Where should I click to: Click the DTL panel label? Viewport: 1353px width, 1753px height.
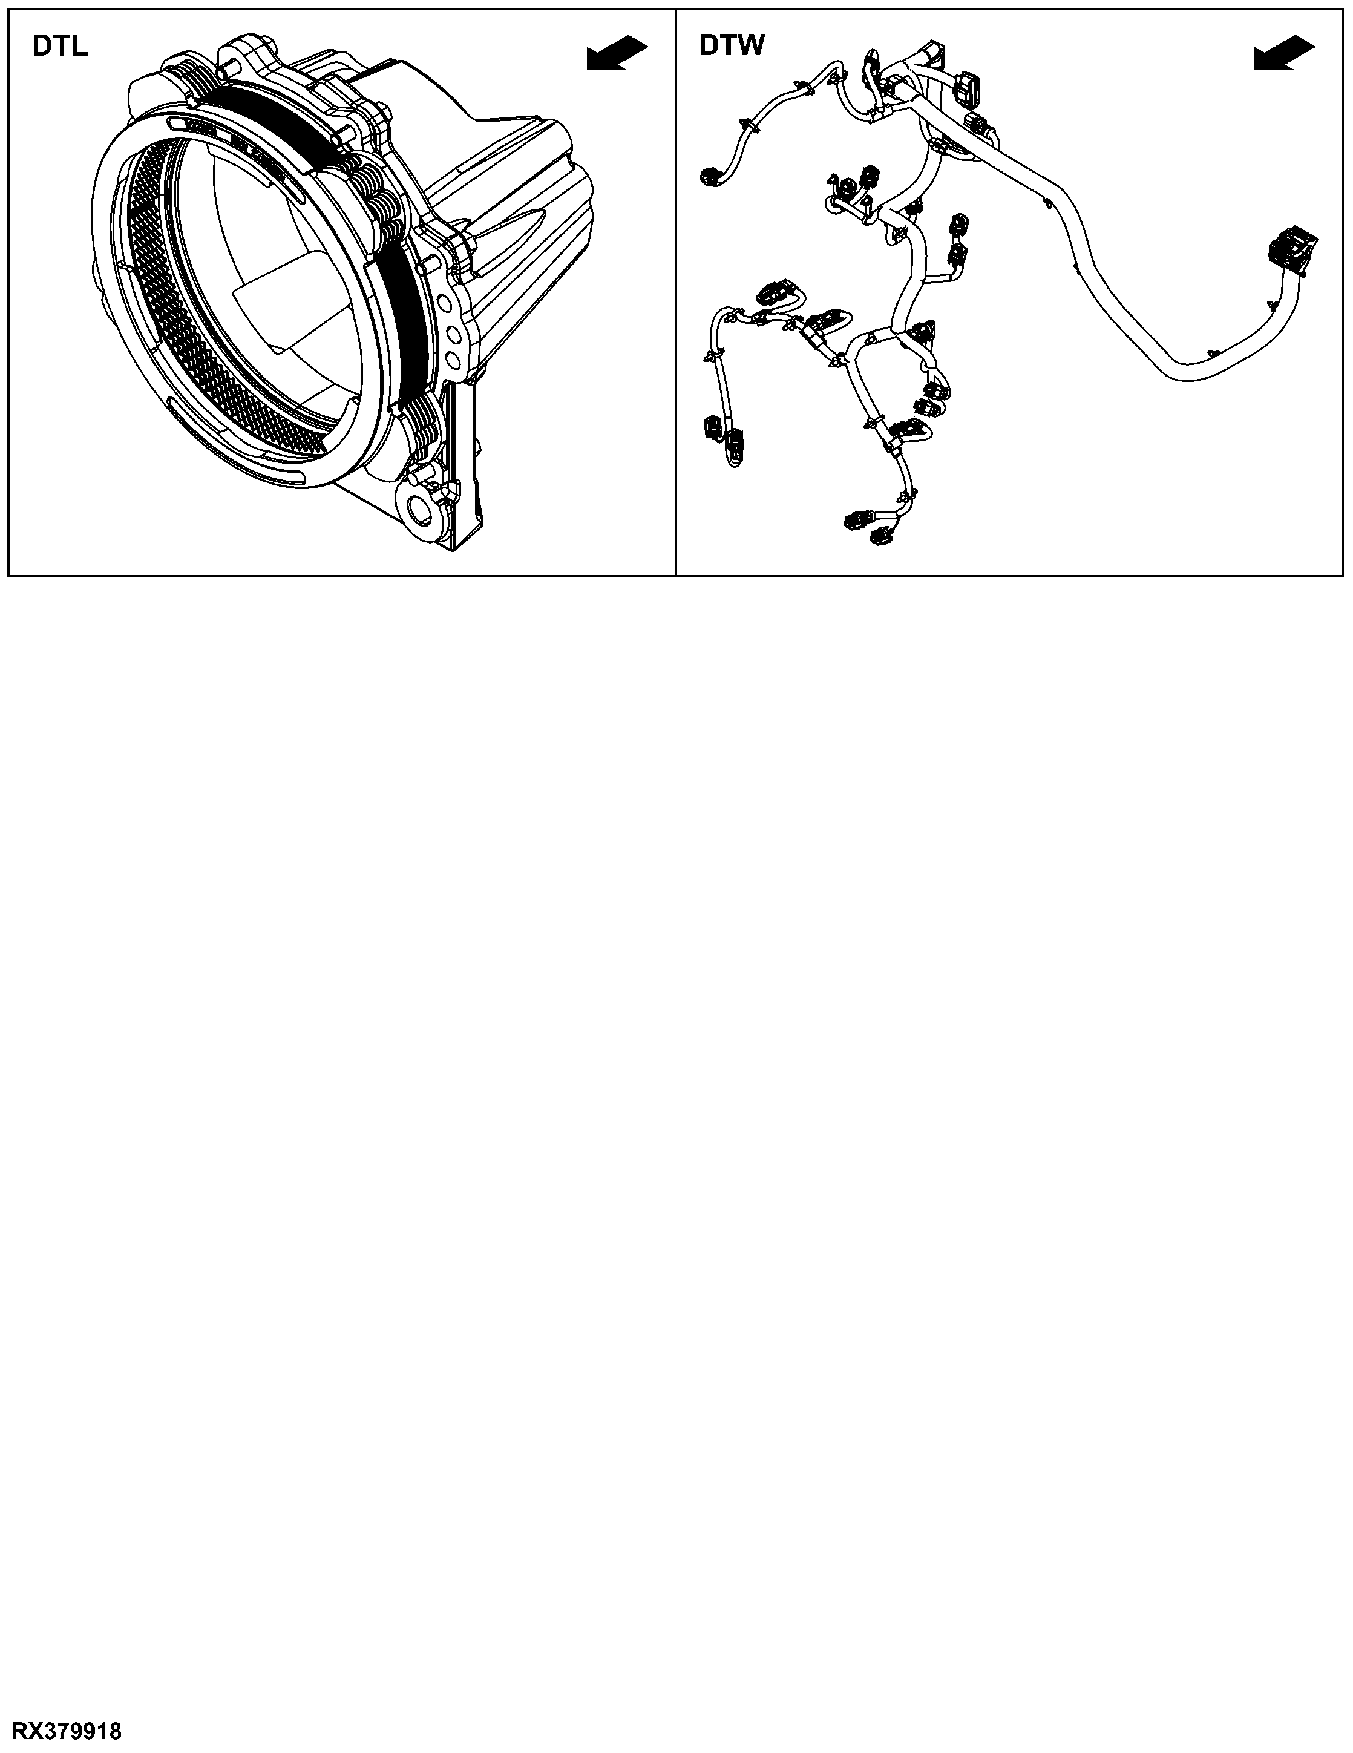60,47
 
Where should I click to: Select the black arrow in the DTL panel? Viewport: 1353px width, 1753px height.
617,53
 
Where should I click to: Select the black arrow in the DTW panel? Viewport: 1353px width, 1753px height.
1285,53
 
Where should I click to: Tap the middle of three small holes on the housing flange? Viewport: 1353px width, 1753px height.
452,332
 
